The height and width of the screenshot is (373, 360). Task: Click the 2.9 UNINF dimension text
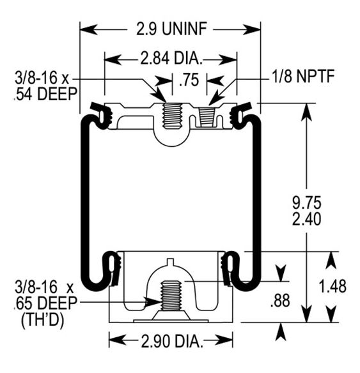click(171, 29)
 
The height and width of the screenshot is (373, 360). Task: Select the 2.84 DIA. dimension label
click(171, 58)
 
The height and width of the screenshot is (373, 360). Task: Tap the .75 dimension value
click(189, 80)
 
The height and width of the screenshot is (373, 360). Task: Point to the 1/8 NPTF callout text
click(303, 76)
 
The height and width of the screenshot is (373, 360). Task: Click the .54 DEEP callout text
click(45, 94)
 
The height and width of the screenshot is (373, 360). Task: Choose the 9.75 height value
click(307, 203)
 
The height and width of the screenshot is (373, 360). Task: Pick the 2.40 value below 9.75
click(307, 219)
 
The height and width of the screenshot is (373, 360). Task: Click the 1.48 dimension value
click(333, 286)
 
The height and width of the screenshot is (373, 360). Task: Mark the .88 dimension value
click(280, 301)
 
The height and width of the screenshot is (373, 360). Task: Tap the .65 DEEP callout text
click(45, 303)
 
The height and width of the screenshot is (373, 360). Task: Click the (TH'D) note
click(43, 320)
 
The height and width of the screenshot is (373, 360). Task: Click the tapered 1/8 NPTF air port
click(206, 116)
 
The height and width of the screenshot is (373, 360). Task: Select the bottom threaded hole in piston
click(171, 296)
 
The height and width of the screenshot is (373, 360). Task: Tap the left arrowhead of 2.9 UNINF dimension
click(89, 29)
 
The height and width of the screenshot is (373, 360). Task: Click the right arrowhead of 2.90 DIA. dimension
click(224, 340)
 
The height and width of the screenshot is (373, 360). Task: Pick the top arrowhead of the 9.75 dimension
click(307, 112)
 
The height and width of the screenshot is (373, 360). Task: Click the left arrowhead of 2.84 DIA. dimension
click(113, 59)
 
